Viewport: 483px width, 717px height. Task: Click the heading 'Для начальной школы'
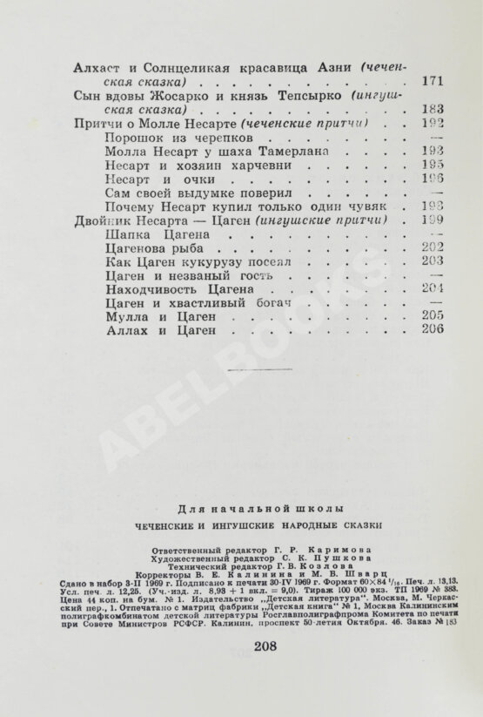240,508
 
